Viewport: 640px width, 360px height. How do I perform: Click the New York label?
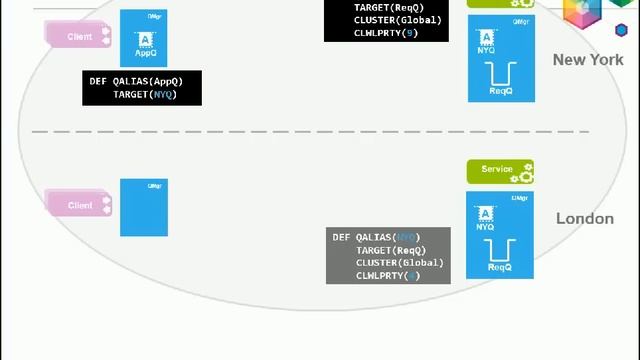pos(588,60)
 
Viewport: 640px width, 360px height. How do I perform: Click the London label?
pos(584,218)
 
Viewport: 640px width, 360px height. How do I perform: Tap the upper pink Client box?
pos(78,36)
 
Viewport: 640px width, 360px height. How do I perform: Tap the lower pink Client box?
pos(78,205)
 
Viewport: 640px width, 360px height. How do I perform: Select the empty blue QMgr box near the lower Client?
pos(144,208)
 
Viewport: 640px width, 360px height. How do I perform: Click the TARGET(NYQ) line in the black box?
pos(144,94)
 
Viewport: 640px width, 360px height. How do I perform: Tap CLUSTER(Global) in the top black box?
pos(397,20)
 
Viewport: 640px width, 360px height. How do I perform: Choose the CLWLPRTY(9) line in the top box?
pos(386,33)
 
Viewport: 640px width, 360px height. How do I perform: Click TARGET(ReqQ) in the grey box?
pos(391,250)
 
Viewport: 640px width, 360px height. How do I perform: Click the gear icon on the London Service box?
pos(524,172)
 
